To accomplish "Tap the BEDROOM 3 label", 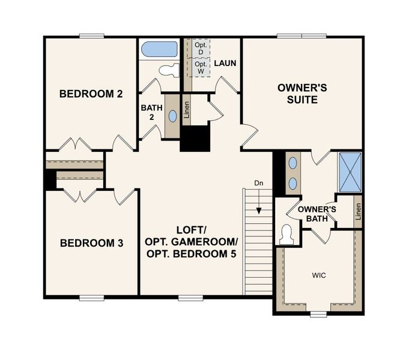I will tap(92, 243).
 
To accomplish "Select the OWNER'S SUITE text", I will tap(302, 94).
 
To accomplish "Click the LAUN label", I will tap(224, 62).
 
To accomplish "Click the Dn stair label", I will tap(258, 184).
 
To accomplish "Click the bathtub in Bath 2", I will tap(158, 49).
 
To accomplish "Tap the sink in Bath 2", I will tap(172, 116).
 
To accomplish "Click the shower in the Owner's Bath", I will tap(350, 172).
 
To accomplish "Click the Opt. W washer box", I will tap(201, 67).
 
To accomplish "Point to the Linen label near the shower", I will tap(358, 211).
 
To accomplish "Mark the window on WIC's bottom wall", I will tap(319, 313).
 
